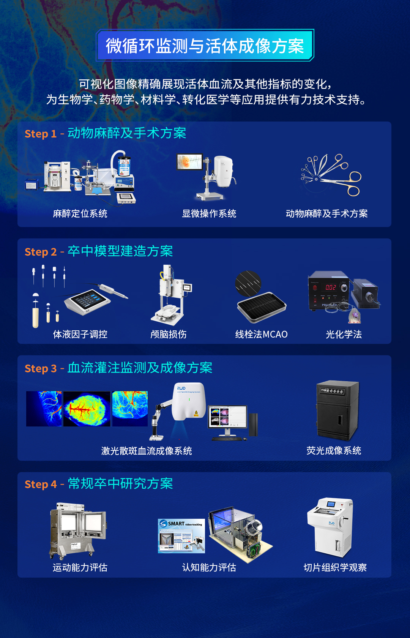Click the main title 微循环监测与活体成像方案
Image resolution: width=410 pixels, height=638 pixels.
(205, 46)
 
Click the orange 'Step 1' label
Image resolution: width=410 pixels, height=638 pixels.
(40, 134)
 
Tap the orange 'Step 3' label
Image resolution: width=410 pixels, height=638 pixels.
(40, 369)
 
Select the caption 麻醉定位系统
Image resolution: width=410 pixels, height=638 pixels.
(80, 214)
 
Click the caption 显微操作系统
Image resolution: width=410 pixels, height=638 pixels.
(209, 214)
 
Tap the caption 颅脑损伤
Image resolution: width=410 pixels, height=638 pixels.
(169, 335)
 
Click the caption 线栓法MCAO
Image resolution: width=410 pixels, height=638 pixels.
(261, 335)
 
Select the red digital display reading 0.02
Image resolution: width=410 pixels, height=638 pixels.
(330, 287)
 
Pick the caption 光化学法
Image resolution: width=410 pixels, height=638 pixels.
(344, 335)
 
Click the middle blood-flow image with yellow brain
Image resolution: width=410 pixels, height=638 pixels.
(87, 409)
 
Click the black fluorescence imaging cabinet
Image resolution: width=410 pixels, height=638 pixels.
(337, 410)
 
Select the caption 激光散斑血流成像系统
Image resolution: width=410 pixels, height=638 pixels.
(147, 451)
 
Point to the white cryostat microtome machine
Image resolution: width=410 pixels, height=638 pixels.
(330, 528)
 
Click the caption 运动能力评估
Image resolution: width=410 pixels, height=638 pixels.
(80, 568)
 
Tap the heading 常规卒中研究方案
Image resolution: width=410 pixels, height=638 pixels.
(120, 484)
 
